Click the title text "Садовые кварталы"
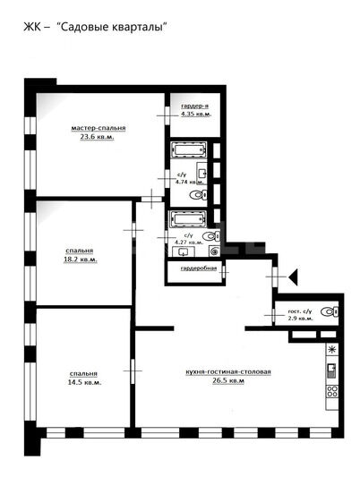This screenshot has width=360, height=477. [x=113, y=27]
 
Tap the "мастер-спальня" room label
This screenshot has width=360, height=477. [x=99, y=128]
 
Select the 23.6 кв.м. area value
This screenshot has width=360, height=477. [x=97, y=137]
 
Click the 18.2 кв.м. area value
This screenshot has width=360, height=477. [x=81, y=260]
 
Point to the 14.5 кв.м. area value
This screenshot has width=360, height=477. [x=84, y=382]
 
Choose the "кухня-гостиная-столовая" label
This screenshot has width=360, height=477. [x=228, y=371]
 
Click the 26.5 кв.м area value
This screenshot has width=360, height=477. [x=228, y=380]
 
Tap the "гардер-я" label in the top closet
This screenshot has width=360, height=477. [x=194, y=106]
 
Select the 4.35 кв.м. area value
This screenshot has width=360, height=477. [x=196, y=115]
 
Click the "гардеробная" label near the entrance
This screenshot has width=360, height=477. [x=199, y=268]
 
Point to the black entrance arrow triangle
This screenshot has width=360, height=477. [x=294, y=277]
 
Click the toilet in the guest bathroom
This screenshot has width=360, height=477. [x=330, y=311]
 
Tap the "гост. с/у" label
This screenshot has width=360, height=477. [x=300, y=311]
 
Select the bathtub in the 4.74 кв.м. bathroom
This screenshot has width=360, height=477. [x=189, y=149]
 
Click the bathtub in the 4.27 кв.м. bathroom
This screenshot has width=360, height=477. [x=189, y=218]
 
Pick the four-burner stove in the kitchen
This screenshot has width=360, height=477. [x=332, y=391]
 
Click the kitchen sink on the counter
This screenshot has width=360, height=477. [x=331, y=371]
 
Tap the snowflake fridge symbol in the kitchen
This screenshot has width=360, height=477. [x=332, y=350]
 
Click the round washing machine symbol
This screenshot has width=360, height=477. [x=215, y=251]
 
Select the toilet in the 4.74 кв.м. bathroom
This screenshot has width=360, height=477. [x=199, y=195]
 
